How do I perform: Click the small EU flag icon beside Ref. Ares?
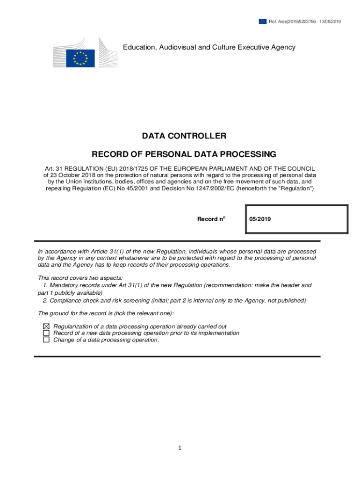262,21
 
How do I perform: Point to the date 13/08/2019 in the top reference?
330,22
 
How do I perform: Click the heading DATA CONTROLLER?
184,136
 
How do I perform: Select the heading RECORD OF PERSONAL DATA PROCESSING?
184,154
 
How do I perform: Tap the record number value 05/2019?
260,219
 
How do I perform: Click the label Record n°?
211,219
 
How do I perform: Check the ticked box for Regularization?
46,327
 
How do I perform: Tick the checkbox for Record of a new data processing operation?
46,333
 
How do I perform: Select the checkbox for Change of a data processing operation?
46,340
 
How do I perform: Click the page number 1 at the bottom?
179,448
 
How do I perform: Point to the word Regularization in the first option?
72,327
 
